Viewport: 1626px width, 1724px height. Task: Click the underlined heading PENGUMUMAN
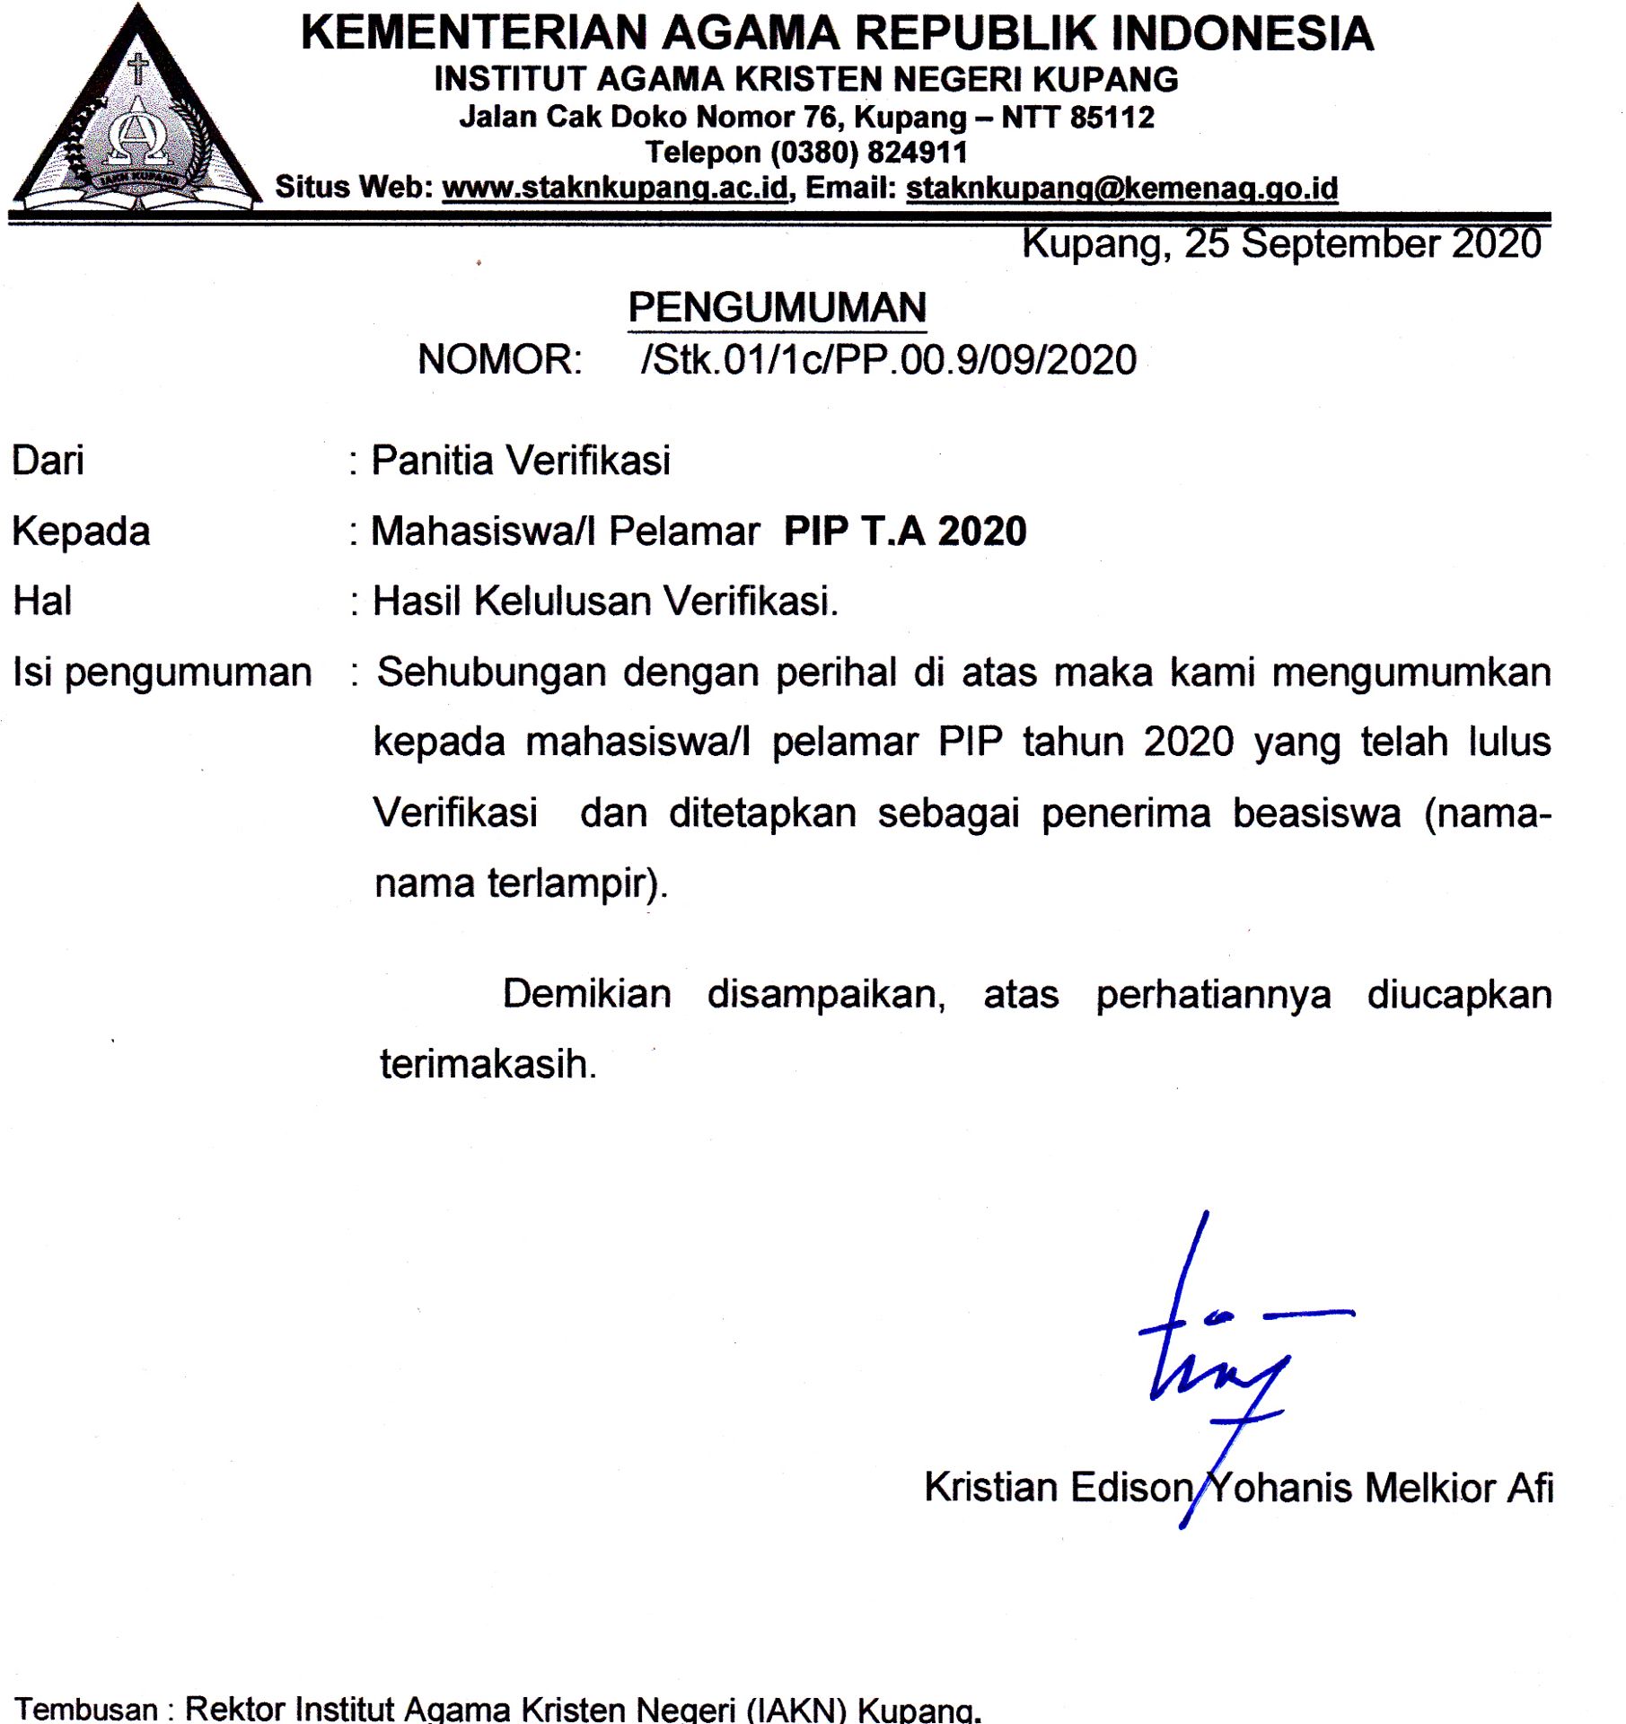777,308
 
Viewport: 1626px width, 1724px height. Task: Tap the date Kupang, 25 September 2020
1281,244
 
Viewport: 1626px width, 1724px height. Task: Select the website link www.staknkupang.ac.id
615,188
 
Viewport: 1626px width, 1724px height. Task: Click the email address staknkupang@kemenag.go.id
1121,189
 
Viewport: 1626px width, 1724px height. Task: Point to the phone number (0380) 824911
868,153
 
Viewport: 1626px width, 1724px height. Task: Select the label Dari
48,461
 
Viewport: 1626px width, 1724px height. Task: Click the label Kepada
81,531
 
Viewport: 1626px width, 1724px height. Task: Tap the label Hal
42,601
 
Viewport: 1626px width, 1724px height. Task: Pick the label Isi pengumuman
163,672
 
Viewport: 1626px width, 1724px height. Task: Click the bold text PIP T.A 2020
905,531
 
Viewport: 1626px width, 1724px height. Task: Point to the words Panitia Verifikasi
521,461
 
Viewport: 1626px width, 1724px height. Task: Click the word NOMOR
499,360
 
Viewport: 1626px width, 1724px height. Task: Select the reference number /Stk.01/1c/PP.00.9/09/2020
889,360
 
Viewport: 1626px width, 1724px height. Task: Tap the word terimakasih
488,1064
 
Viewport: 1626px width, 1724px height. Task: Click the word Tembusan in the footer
86,1709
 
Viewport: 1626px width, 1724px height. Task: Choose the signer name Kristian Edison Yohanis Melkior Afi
1238,1488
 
